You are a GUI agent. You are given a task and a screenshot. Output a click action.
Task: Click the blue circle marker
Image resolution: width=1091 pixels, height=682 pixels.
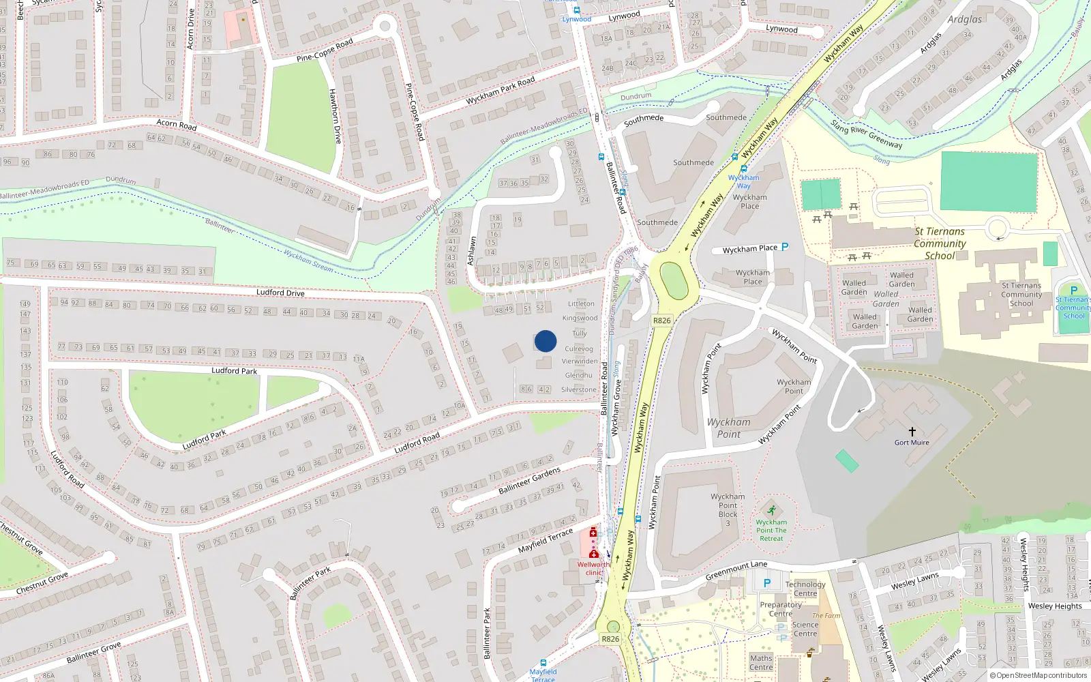[545, 341]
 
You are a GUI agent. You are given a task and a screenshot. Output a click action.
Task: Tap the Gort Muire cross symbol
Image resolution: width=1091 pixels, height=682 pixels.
[912, 432]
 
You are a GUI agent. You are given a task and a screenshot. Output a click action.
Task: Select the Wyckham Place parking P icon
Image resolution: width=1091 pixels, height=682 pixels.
[785, 247]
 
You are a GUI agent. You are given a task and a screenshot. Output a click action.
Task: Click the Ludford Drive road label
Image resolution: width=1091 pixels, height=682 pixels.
[280, 293]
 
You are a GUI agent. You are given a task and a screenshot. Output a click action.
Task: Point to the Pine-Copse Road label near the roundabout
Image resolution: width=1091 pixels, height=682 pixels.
[325, 50]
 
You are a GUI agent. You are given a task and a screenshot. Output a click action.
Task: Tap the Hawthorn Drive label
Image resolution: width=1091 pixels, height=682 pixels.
[335, 116]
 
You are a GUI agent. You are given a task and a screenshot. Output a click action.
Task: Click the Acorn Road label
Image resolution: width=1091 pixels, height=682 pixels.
[177, 124]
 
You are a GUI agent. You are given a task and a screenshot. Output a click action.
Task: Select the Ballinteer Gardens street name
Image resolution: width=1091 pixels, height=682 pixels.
[529, 481]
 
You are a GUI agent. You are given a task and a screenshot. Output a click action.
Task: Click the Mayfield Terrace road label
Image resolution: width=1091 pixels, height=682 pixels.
[545, 541]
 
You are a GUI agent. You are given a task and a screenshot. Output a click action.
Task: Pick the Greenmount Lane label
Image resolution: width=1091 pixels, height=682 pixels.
[736, 570]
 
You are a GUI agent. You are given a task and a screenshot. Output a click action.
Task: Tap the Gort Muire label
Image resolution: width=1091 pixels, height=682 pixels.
[912, 443]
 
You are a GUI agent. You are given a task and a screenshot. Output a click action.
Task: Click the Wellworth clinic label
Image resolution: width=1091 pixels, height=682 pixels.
[593, 568]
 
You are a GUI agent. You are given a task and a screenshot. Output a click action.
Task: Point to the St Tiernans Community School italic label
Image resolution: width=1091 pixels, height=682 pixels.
[940, 243]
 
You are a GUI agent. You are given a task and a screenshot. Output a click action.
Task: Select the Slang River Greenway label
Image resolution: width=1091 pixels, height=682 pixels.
[866, 134]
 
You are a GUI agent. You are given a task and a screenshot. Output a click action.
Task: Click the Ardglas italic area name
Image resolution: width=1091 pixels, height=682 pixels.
[965, 19]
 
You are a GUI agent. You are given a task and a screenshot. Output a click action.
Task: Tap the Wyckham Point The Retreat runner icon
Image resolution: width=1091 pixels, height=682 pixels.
[771, 511]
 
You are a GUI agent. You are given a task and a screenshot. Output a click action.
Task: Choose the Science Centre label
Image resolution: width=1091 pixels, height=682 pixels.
[805, 629]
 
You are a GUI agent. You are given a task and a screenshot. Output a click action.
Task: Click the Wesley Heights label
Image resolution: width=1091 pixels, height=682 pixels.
[1054, 606]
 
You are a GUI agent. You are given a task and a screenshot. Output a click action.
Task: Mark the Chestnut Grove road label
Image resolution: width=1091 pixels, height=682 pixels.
[42, 582]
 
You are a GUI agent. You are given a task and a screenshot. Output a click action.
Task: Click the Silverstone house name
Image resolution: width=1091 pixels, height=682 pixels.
[578, 389]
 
